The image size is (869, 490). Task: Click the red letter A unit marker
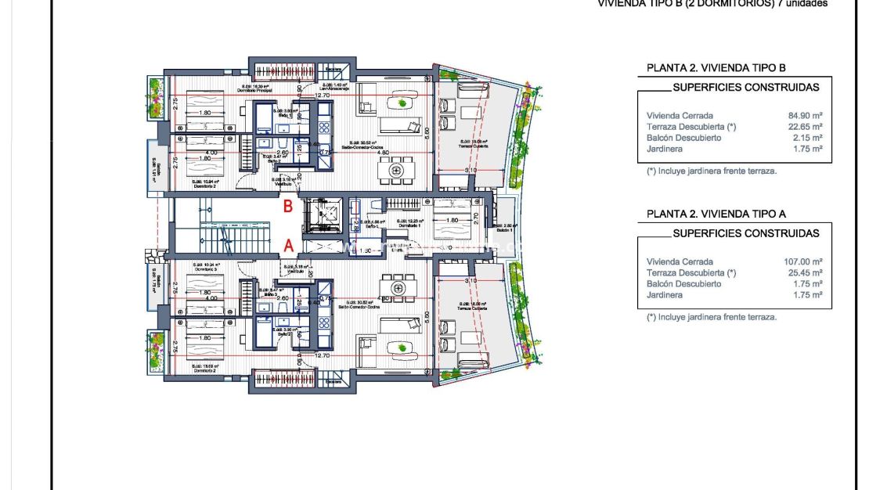click(288, 245)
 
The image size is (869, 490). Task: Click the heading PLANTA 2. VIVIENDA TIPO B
click(716, 68)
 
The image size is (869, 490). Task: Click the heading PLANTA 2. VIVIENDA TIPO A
click(716, 214)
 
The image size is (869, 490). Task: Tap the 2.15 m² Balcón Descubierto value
click(807, 138)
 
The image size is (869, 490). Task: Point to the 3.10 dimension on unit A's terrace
click(470, 280)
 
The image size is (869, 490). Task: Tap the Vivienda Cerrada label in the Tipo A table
click(680, 261)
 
